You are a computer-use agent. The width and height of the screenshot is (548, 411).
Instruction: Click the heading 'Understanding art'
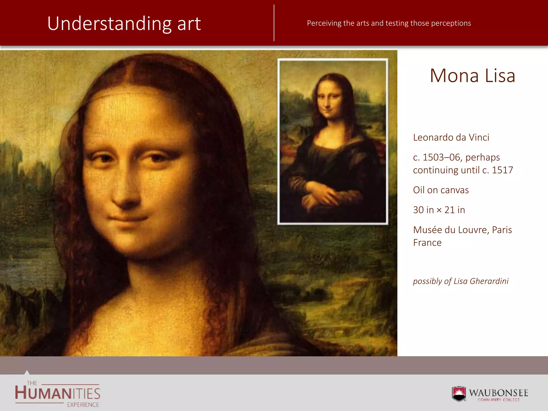[x=124, y=24]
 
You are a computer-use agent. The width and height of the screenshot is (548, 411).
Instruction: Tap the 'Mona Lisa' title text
[x=472, y=76]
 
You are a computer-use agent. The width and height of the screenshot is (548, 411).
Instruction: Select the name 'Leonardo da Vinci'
[x=451, y=137]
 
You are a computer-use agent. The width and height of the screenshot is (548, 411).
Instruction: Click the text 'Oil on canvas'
[x=441, y=190]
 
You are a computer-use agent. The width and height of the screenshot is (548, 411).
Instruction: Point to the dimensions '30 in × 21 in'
[x=439, y=210]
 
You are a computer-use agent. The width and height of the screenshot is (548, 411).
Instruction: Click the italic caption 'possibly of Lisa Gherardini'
[x=461, y=281]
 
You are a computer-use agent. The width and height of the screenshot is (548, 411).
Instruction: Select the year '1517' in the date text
[x=502, y=170]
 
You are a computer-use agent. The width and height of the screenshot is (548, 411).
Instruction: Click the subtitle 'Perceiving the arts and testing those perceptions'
[x=389, y=23]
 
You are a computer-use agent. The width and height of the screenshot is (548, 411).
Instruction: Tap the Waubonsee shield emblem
[x=459, y=394]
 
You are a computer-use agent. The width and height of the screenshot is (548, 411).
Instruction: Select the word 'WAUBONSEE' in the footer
[x=498, y=393]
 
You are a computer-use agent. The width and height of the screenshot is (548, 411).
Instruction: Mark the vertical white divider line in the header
[x=274, y=23]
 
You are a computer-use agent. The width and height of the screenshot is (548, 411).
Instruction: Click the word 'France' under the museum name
[x=427, y=243]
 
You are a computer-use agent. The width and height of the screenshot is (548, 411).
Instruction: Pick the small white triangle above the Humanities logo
[x=27, y=372]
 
